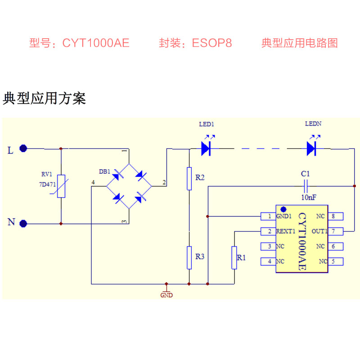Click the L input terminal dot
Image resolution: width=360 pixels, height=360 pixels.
pos(24,148)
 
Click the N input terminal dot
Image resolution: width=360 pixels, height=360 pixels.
pos(24,223)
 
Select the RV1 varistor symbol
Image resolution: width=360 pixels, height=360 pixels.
pos(61,186)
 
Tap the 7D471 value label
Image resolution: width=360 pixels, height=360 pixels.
pos(46,184)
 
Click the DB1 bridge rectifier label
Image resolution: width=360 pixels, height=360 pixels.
pos(104,171)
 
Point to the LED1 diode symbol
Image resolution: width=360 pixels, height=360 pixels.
pos(207,148)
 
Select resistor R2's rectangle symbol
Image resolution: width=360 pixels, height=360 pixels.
pos(189,178)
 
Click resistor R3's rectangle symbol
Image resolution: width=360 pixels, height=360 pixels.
pos(189,257)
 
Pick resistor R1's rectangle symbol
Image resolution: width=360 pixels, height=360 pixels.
pos(234,257)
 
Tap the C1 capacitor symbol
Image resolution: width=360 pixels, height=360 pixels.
pos(306,184)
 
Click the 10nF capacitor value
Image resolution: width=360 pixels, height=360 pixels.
pos(308,197)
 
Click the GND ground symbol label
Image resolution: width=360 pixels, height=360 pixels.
pos(166,295)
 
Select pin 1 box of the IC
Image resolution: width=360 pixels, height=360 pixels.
pos(269,216)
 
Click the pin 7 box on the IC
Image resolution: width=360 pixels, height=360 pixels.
pos(334,231)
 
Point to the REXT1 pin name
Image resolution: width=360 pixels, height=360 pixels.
pos(285,231)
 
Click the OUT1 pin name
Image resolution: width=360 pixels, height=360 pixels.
pos(319,231)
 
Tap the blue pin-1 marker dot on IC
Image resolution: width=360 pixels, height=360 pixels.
pos(283,209)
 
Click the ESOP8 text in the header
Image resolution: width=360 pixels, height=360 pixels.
pos(211,43)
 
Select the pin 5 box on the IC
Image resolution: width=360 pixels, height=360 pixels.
pos(334,261)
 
